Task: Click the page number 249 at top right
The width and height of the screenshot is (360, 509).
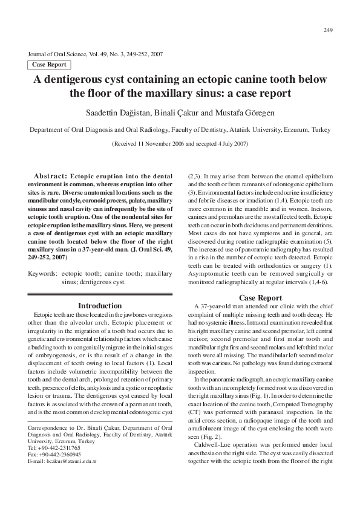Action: tap(329, 30)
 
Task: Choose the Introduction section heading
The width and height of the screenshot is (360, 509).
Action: tap(100, 306)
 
